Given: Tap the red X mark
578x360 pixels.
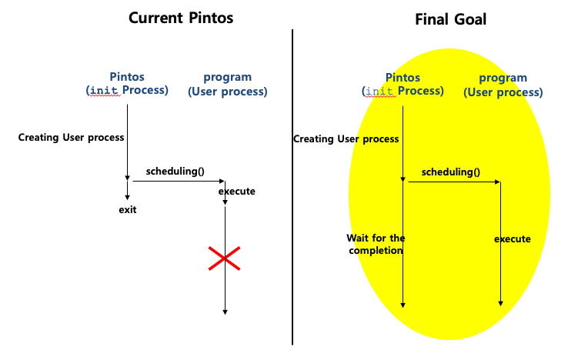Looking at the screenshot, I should [x=224, y=258].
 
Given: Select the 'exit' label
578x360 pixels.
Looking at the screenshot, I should [x=127, y=209].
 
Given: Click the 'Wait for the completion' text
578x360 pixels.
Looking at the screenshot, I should [x=375, y=244].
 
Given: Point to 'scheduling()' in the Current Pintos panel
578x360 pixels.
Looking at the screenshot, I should [x=175, y=171].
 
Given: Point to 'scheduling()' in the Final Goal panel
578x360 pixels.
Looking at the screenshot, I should [x=450, y=172].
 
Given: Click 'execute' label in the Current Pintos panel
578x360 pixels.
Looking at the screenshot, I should [x=236, y=191].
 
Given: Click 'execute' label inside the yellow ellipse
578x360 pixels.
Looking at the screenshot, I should [x=512, y=238].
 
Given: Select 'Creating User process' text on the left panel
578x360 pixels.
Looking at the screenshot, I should [x=71, y=138].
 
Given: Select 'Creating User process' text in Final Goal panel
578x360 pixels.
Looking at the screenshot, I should [x=346, y=138].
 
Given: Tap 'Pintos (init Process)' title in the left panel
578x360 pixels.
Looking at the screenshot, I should [x=127, y=84].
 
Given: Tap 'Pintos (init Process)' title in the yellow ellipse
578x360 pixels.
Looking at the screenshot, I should [x=403, y=84].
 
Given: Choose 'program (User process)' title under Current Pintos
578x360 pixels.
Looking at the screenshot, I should [x=227, y=84].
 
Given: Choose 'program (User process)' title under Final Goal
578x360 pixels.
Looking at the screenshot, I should [x=503, y=85].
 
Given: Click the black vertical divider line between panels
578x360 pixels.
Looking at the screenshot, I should [x=292, y=185].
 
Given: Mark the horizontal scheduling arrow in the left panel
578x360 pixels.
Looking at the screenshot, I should [x=177, y=181].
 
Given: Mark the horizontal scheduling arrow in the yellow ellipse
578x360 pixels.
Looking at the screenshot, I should [x=453, y=182].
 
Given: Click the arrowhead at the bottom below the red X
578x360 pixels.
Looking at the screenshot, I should [x=225, y=311].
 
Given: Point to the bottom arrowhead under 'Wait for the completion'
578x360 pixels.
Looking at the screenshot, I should [x=403, y=305].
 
